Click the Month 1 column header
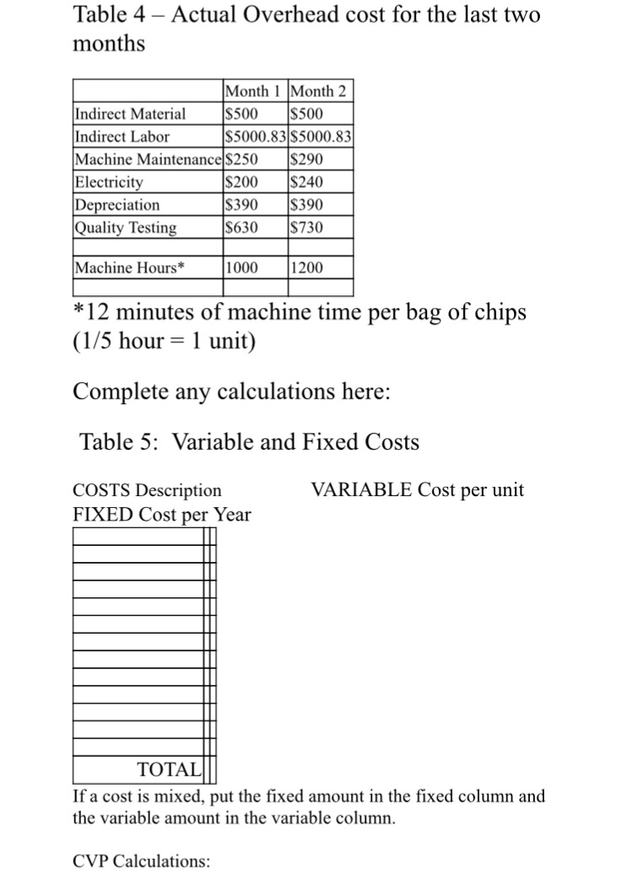tap(254, 91)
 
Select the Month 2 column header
tap(321, 91)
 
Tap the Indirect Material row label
tap(131, 114)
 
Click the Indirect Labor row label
tap(122, 137)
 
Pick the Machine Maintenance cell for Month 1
tap(241, 159)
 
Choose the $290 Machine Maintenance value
tap(306, 159)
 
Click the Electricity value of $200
tap(241, 182)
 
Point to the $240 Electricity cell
tap(306, 182)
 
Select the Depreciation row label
tap(117, 205)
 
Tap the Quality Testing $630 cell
tap(241, 228)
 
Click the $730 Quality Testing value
tap(306, 228)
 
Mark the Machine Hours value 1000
tap(241, 268)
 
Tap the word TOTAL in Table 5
tap(169, 769)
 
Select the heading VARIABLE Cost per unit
tap(417, 490)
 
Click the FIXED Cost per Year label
tap(162, 514)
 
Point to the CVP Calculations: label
tap(142, 861)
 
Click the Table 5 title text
tap(249, 441)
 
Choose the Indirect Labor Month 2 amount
tap(321, 137)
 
